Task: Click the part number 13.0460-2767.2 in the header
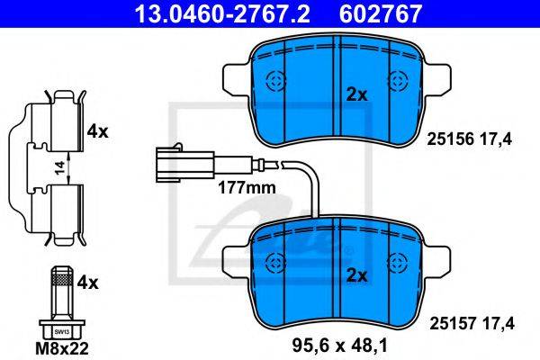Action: (222, 13)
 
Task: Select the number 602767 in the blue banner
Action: (380, 13)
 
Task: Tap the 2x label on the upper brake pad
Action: (356, 94)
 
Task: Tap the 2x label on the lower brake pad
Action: (356, 275)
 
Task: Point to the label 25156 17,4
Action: (470, 139)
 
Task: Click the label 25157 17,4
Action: (472, 323)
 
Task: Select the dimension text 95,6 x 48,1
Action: (340, 346)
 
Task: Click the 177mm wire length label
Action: (247, 188)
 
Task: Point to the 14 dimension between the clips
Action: (60, 168)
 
